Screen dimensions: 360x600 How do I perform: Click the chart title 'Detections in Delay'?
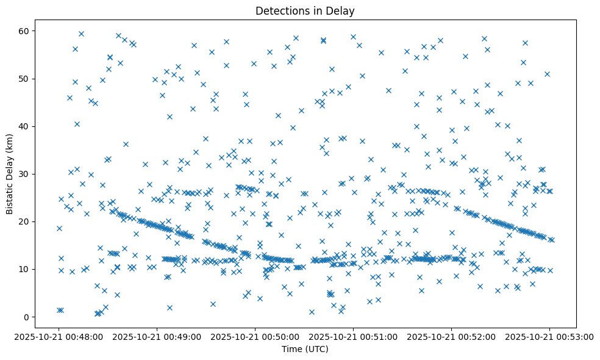click(305, 11)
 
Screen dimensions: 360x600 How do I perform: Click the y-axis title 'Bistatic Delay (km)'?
click(10, 166)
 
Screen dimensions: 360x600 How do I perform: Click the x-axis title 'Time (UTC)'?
click(305, 349)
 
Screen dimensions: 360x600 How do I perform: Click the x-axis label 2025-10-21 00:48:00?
click(59, 336)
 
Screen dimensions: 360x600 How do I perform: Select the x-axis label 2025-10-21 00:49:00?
click(157, 336)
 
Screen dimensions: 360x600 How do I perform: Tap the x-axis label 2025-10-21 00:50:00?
click(255, 336)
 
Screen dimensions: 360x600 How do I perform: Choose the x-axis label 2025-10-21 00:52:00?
click(452, 336)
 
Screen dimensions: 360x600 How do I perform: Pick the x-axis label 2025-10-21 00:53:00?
click(549, 336)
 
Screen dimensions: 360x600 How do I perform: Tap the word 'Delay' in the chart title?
click(341, 11)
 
